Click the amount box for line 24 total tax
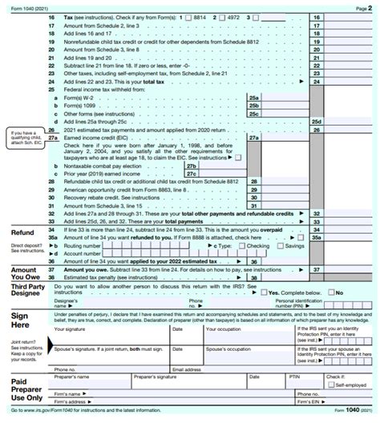tap(346, 82)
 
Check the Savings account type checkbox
tap(280, 246)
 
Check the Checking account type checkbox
tap(241, 246)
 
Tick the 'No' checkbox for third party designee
tap(331, 293)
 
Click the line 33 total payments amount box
tap(346, 222)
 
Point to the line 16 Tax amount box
tap(346, 16)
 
